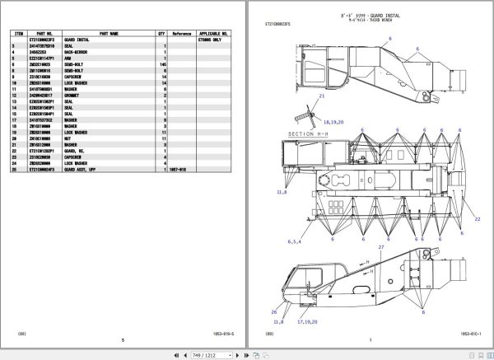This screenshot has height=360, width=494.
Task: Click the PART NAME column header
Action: (x=109, y=34)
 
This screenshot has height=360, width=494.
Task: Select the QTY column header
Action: (x=161, y=34)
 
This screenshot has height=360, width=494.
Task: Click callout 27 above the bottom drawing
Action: (x=380, y=247)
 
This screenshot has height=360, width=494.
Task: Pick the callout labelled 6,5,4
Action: (x=295, y=241)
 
